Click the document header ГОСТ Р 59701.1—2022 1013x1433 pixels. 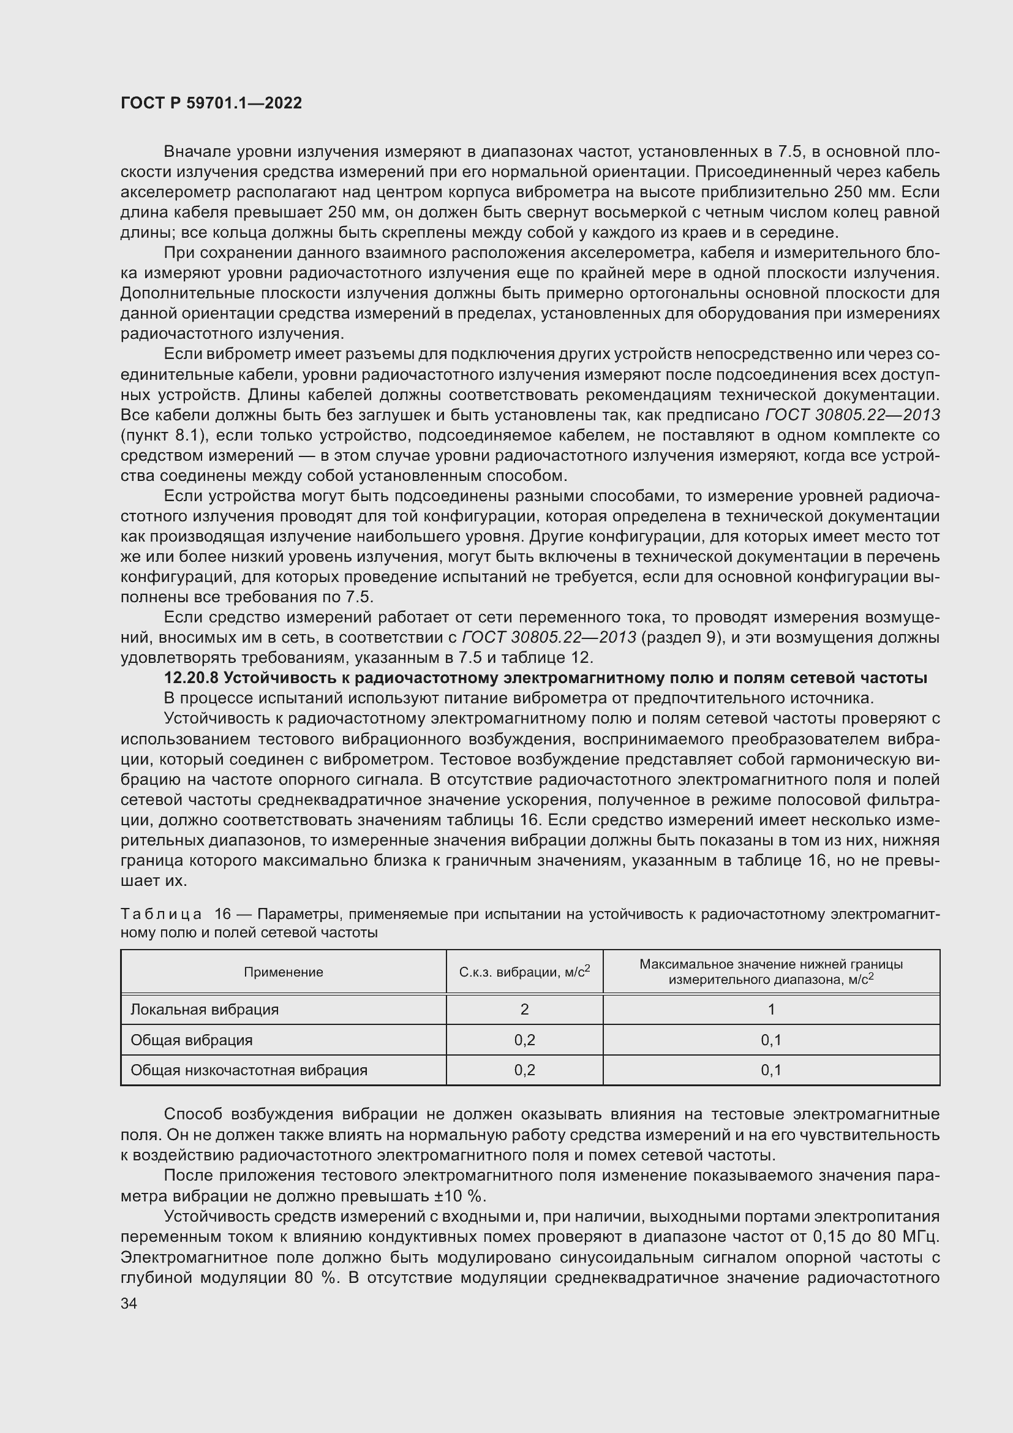(x=211, y=104)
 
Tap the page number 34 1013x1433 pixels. (x=129, y=1303)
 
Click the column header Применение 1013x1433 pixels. (x=283, y=972)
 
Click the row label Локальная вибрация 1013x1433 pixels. (x=205, y=1009)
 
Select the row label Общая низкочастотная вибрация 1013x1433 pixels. (x=249, y=1070)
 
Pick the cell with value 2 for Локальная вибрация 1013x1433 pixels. (x=524, y=1009)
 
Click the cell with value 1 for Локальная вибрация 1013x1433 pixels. (x=771, y=1009)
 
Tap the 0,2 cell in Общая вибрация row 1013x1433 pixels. (x=524, y=1040)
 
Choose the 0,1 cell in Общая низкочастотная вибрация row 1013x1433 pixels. (x=771, y=1070)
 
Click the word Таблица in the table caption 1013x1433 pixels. (x=161, y=914)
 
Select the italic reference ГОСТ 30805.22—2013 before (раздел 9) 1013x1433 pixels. (x=548, y=637)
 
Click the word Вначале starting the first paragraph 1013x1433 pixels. (x=200, y=152)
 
